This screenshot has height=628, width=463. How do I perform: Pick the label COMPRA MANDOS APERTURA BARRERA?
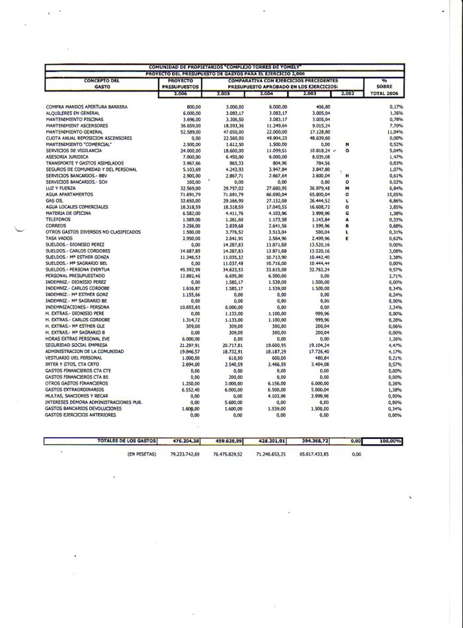[86, 106]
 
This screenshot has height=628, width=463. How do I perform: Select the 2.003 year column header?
[310, 93]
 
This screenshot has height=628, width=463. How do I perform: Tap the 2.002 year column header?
[347, 93]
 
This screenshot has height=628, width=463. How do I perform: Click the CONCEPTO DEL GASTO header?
[102, 83]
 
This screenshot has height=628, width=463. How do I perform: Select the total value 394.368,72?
[316, 440]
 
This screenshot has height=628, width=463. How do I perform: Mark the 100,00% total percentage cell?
[387, 440]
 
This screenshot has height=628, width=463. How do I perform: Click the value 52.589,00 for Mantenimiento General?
[189, 132]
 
